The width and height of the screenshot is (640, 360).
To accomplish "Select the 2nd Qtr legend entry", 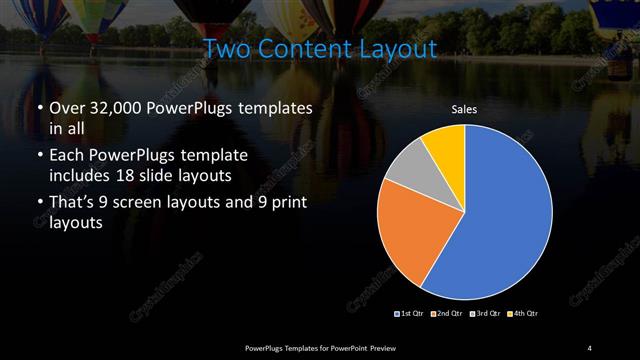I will (447, 314).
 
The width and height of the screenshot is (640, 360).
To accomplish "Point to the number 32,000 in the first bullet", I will (117, 108).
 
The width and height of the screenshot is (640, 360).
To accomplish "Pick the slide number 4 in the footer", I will (590, 347).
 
